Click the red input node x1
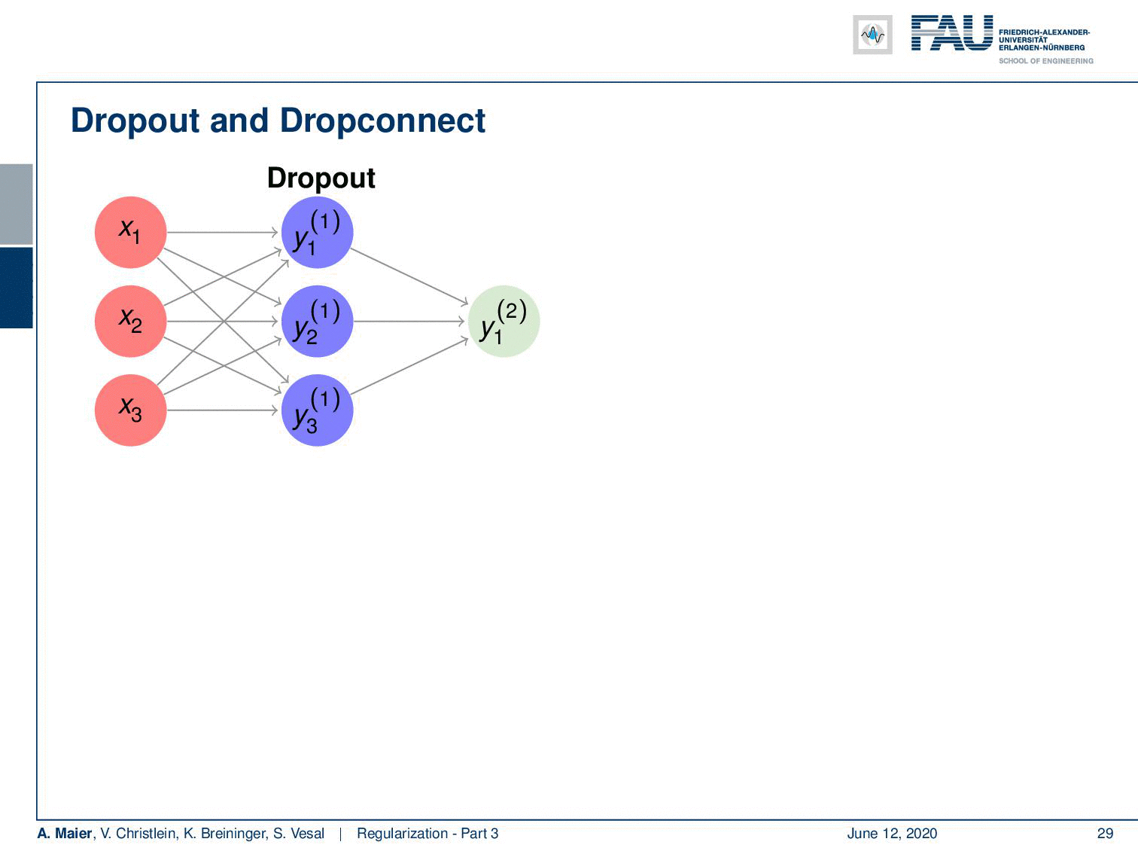tap(131, 232)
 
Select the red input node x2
tap(131, 322)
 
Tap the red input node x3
tap(131, 410)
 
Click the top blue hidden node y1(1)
tap(318, 232)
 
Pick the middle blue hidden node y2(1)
tap(318, 322)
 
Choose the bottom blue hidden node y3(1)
tap(318, 410)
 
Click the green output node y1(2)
tap(504, 322)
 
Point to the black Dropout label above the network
tap(321, 179)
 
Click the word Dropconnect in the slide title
tap(382, 120)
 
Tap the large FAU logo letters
tap(952, 33)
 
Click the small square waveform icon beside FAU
tap(872, 35)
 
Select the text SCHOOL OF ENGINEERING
tap(1045, 61)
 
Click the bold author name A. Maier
tap(64, 833)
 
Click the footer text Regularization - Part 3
tap(428, 833)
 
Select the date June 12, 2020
tap(892, 833)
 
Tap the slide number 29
tap(1105, 833)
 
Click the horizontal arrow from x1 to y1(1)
tap(223, 232)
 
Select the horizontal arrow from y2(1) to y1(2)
tap(409, 322)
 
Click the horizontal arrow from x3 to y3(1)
tap(223, 410)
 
